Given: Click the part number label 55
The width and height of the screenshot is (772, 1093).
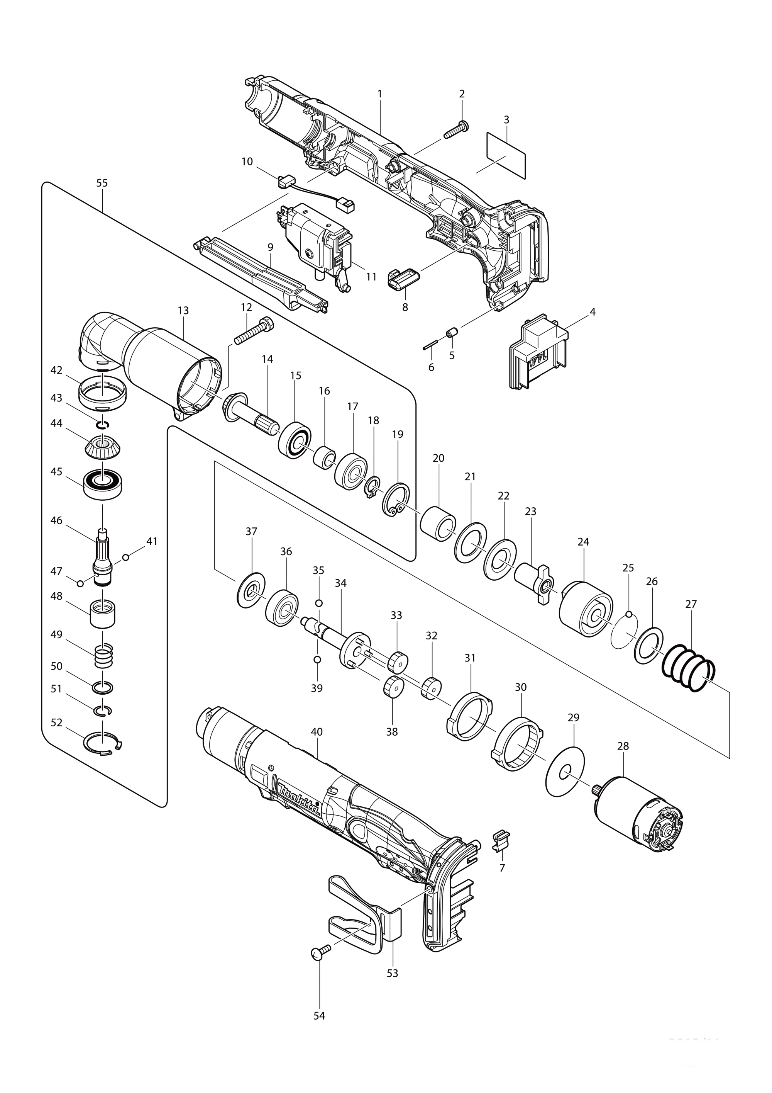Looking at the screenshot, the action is [102, 183].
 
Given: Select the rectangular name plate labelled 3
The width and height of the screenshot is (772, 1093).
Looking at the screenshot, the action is [506, 155].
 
